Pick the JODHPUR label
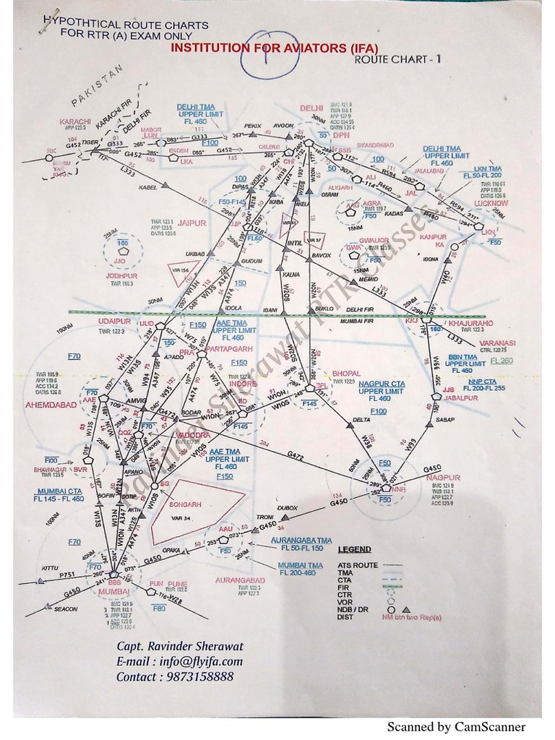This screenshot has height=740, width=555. tap(121, 275)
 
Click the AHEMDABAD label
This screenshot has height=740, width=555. tap(51, 405)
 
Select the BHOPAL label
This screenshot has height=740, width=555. tap(347, 373)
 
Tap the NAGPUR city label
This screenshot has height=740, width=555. tap(443, 478)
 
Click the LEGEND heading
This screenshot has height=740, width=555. tap(354, 550)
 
